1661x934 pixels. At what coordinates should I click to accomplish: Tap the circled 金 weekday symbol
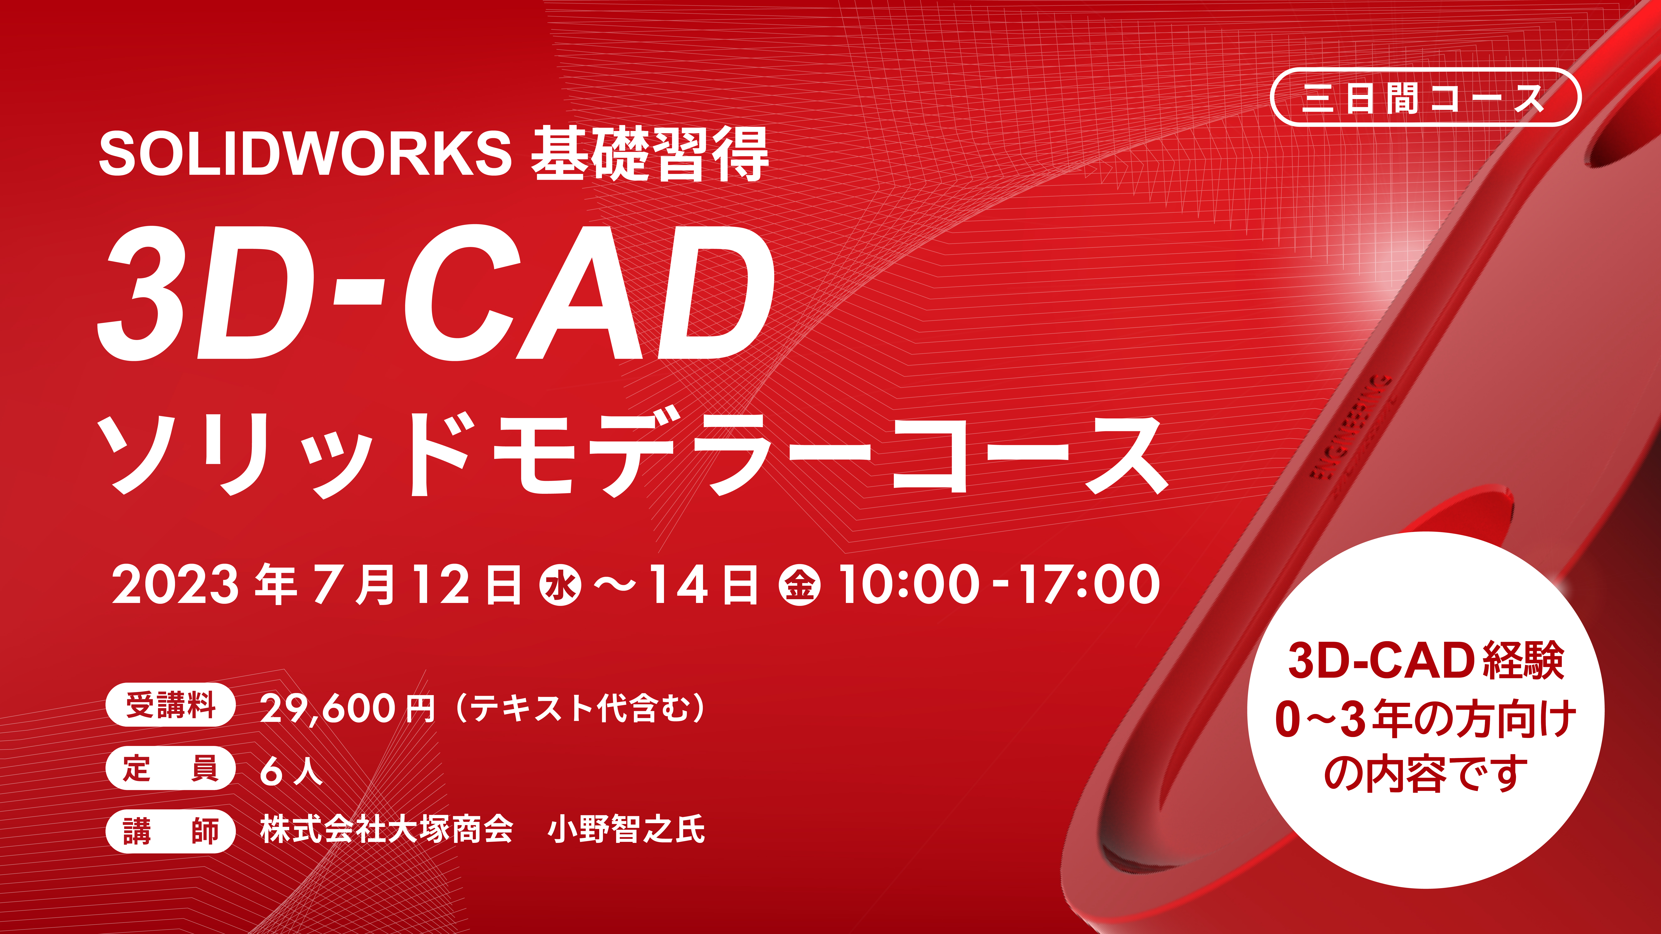click(800, 585)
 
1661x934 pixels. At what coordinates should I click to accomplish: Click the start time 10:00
click(909, 585)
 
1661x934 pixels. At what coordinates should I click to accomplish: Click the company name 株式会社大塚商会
click(386, 830)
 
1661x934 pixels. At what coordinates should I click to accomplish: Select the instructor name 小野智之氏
click(626, 830)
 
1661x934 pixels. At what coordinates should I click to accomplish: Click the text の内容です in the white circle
click(1426, 774)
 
